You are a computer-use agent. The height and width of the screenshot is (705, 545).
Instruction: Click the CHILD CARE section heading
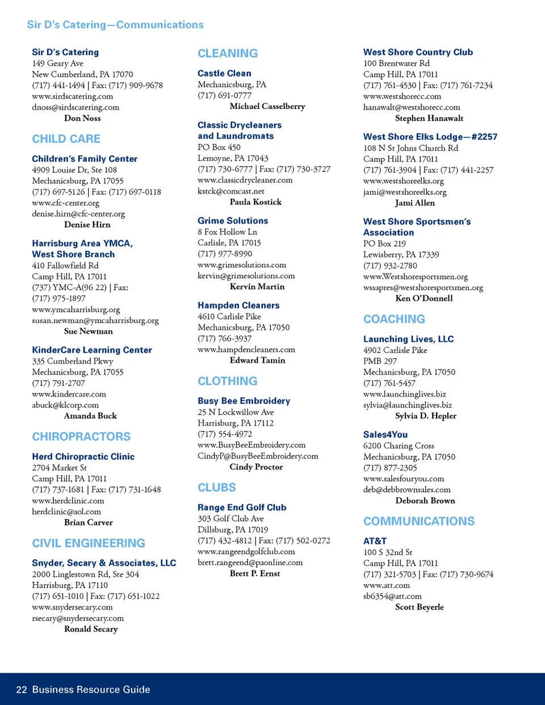pyautogui.click(x=66, y=139)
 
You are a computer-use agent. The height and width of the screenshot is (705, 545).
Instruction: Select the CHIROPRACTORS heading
pyautogui.click(x=81, y=437)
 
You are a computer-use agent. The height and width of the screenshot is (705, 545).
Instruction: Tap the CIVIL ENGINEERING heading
pyautogui.click(x=89, y=543)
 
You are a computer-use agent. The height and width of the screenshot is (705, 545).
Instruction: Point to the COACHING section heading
pyautogui.click(x=394, y=319)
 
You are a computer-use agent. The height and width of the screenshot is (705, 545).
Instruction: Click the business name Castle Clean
pyautogui.click(x=224, y=73)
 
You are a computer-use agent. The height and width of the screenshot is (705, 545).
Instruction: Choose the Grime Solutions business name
pyautogui.click(x=233, y=221)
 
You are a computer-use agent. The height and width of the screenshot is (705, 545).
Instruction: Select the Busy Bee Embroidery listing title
pyautogui.click(x=244, y=401)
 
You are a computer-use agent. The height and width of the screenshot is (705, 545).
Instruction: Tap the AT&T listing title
pyautogui.click(x=375, y=541)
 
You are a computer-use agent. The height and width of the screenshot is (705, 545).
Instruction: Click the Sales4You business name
pyautogui.click(x=385, y=434)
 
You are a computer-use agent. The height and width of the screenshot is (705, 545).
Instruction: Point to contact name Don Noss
pyautogui.click(x=82, y=118)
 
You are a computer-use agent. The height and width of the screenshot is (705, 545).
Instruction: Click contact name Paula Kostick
pyautogui.click(x=255, y=202)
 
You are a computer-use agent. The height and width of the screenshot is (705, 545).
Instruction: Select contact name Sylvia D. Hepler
pyautogui.click(x=426, y=416)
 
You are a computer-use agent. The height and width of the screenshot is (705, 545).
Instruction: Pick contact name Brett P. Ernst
pyautogui.click(x=255, y=574)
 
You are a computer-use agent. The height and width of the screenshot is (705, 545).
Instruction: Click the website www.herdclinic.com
pyautogui.click(x=68, y=501)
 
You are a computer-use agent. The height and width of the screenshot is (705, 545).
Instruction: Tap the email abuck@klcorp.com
pyautogui.click(x=65, y=405)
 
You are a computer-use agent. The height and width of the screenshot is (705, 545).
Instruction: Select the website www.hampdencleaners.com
pyautogui.click(x=246, y=350)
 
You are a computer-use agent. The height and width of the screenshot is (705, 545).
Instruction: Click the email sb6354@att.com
pyautogui.click(x=392, y=597)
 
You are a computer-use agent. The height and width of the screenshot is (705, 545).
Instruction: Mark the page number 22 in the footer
pyautogui.click(x=22, y=690)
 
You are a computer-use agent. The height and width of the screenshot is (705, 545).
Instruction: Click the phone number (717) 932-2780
pyautogui.click(x=390, y=266)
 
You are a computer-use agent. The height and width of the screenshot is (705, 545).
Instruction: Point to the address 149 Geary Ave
pyautogui.click(x=57, y=64)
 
